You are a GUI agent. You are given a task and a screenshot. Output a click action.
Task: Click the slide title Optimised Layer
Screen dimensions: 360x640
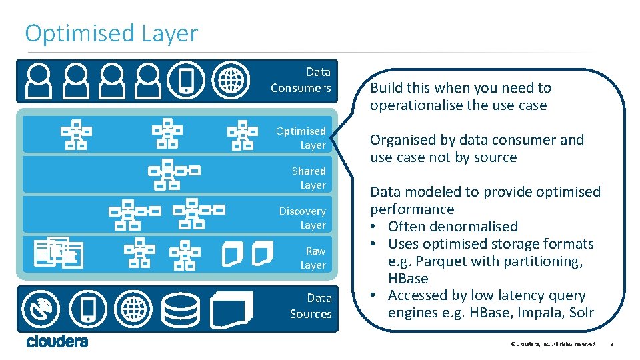[111, 33]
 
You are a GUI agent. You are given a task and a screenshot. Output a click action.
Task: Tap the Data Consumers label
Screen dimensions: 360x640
[301, 80]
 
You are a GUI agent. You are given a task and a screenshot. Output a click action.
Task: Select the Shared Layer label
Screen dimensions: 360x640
[309, 178]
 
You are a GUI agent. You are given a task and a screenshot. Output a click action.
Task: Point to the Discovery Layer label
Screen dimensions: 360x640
[303, 218]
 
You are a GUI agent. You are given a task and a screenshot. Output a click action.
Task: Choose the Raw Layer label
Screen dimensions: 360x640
[313, 258]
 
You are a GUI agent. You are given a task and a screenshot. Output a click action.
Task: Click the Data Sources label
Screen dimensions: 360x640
[311, 306]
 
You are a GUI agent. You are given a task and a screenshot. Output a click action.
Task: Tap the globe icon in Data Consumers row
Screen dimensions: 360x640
[230, 81]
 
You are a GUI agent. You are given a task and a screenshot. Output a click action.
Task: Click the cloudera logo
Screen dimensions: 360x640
[57, 341]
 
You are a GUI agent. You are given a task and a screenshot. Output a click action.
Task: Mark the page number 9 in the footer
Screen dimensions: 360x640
[611, 344]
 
